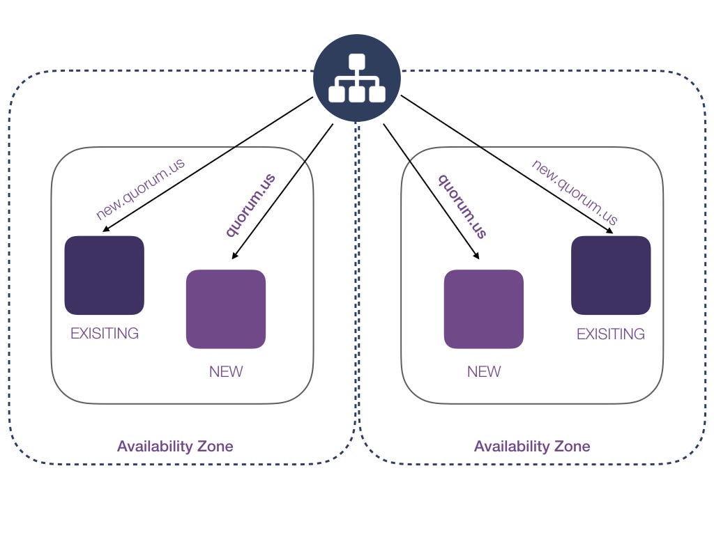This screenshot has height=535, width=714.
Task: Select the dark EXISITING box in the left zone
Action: [x=104, y=275]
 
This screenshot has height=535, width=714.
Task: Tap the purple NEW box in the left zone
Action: [x=226, y=309]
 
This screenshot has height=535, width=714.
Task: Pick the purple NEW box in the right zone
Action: [x=483, y=309]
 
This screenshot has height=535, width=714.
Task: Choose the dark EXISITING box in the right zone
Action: [x=611, y=275]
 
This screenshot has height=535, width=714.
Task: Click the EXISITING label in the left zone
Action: [x=105, y=333]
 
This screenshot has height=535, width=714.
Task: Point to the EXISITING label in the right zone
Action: [x=611, y=334]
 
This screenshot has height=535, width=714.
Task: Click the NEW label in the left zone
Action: [x=226, y=371]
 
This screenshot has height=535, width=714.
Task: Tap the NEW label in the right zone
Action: [x=484, y=371]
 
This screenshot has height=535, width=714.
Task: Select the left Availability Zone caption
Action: [x=175, y=446]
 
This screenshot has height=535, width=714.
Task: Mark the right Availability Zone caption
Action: [x=532, y=446]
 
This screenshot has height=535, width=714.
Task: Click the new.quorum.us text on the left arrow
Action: [x=140, y=189]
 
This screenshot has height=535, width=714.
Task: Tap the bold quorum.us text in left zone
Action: [x=250, y=204]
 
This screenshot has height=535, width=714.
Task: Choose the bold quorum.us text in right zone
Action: [x=462, y=206]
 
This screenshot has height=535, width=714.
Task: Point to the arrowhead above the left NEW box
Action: [x=234, y=256]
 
